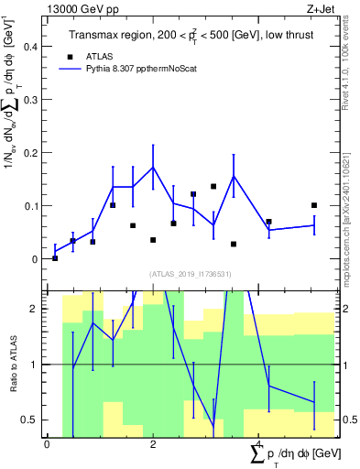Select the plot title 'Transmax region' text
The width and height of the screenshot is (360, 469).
(113, 35)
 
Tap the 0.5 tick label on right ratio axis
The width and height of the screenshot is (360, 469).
(350, 420)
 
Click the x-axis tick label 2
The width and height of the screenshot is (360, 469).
(153, 444)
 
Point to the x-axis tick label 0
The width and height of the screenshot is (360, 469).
(47, 444)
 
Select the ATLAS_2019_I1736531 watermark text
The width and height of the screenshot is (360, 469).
(191, 273)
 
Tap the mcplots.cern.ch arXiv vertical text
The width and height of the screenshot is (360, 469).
(350, 202)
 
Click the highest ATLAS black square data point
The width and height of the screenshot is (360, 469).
(213, 186)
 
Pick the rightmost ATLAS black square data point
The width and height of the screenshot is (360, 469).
(313, 205)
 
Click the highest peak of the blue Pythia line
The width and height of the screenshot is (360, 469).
(153, 167)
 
